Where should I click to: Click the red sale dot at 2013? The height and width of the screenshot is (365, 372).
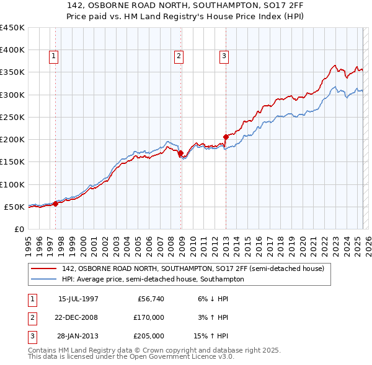point(226,137)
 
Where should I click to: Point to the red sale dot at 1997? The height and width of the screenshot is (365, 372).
point(56,203)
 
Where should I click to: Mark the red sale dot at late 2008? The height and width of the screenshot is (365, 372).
point(180,152)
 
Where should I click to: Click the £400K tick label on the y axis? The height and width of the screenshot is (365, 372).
point(12,50)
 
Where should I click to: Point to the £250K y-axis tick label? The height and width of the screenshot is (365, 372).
point(12,117)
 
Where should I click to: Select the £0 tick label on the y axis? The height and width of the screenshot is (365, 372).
point(19,229)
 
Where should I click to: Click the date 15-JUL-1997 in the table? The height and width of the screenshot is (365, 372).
point(78,299)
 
